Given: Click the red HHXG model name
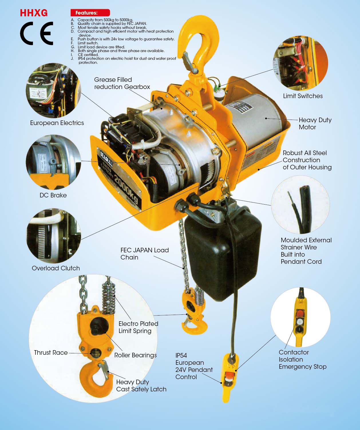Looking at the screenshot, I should coord(34,13).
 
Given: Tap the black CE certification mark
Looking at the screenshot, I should coord(37,33).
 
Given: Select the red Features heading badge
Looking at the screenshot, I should coord(90,13).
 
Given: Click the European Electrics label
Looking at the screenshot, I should coord(57,123).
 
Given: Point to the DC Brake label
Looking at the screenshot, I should coord(53,195).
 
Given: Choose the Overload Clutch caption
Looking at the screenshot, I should coord(56,268).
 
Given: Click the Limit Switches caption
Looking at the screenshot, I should coord(303,96).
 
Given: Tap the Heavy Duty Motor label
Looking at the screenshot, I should coord(315,124).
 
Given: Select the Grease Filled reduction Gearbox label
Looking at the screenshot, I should coord(122,83).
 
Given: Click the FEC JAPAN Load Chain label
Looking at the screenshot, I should coord(144,254).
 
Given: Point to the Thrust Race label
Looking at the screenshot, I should coord(51,353).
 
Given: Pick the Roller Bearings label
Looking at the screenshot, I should coord(135,355).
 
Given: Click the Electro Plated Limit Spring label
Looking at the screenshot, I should coord(138,327).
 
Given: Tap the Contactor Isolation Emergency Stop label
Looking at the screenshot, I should coord(302,360).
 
